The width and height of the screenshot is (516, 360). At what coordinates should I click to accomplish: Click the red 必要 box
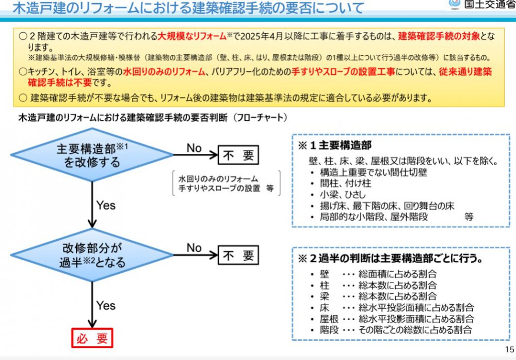[x=92, y=338]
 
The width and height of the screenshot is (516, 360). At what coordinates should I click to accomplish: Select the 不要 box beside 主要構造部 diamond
[x=238, y=155]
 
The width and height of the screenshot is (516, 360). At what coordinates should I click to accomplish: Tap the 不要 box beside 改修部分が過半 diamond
[x=238, y=255]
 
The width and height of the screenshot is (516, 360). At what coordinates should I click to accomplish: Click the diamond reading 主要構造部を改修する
[x=92, y=155]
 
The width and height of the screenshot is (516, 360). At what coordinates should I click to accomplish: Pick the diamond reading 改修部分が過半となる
[x=92, y=255]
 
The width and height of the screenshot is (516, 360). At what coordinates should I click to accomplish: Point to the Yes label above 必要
[x=106, y=306]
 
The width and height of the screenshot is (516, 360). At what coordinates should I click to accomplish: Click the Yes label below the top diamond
[x=106, y=206]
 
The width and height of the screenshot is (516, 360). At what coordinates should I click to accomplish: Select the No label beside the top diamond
[x=194, y=148]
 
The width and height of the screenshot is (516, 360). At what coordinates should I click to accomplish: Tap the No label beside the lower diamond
[x=194, y=248]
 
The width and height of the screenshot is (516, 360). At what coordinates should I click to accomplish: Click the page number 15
[x=509, y=350]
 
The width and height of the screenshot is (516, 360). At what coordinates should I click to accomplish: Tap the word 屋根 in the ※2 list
[x=329, y=319]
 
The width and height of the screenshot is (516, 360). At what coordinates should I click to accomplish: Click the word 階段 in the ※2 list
[x=329, y=330]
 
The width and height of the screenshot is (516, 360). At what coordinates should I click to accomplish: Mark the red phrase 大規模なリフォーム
[x=192, y=36]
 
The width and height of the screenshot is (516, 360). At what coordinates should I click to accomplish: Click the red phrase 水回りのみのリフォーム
[x=164, y=71]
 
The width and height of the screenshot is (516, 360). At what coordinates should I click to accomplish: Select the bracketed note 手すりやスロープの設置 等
[x=226, y=188]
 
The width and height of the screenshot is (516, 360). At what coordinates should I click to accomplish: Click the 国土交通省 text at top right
[x=490, y=4]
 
